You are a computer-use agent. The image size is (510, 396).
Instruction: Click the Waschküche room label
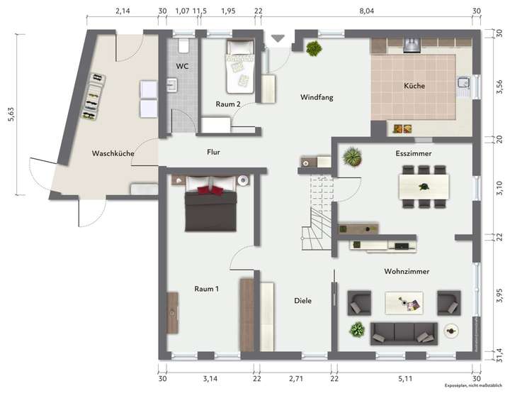pos(113,153)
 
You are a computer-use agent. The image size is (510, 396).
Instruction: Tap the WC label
pos(182,66)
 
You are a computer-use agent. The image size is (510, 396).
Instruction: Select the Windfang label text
pos(316,97)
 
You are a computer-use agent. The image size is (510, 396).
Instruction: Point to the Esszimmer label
pos(414,153)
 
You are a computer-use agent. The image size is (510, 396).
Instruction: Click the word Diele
pos(303,300)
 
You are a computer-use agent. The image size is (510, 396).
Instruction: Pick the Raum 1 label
pos(206,288)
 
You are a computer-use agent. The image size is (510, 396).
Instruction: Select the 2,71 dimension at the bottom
pos(295,379)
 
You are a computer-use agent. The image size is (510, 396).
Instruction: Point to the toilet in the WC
pos(183,46)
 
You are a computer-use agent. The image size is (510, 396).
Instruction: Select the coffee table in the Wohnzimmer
pos(404,303)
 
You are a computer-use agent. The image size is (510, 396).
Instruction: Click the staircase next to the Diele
pos(317,213)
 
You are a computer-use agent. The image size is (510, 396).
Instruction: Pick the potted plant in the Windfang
pos(312,48)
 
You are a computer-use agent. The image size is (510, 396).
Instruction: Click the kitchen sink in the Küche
pos(463,86)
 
